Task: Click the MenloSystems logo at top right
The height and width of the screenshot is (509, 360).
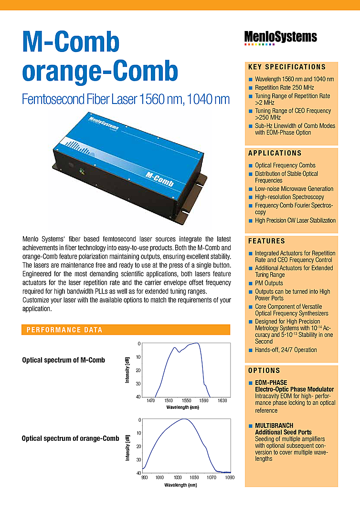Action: [280, 37]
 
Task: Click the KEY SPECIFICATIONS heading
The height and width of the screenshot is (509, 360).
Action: [287, 67]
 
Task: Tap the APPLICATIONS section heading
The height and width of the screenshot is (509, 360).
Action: [275, 153]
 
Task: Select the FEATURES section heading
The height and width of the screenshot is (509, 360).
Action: [266, 241]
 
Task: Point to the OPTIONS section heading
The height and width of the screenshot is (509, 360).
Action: [264, 371]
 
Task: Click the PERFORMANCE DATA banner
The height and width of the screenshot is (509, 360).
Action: [64, 330]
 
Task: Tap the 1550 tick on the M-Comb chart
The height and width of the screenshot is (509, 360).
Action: [187, 401]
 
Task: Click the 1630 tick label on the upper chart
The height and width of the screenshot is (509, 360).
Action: [222, 401]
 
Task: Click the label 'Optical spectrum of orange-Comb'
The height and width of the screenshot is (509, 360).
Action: [71, 438]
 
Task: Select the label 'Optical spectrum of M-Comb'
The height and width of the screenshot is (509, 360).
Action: [64, 360]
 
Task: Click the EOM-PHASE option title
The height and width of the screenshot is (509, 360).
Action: [271, 383]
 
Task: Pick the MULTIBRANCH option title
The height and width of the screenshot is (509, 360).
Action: [274, 426]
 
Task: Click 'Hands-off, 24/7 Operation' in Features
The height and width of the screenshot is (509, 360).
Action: [286, 350]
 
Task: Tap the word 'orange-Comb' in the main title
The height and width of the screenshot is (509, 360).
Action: [100, 71]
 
